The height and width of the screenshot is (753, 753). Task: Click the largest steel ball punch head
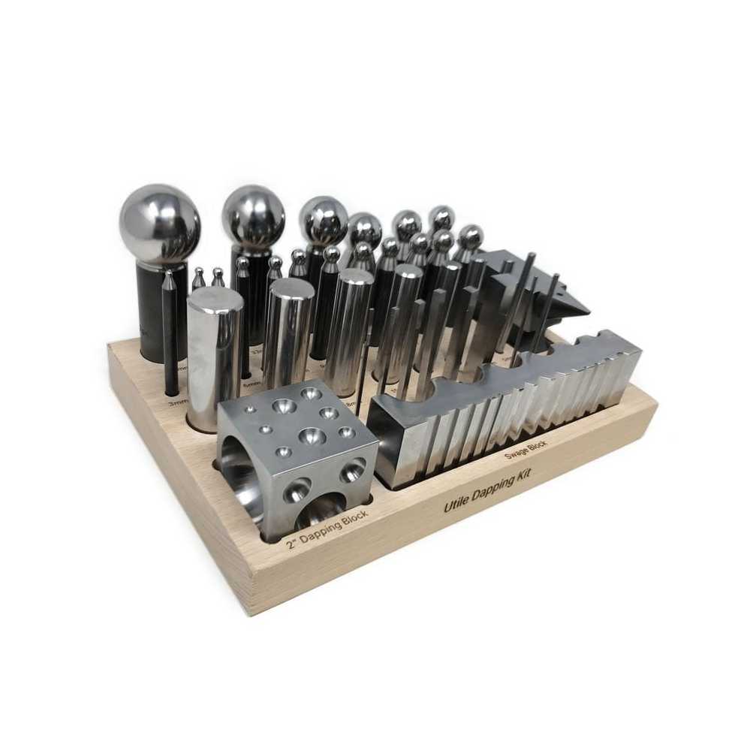[160, 224]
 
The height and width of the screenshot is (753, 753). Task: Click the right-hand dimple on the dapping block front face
[351, 471]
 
